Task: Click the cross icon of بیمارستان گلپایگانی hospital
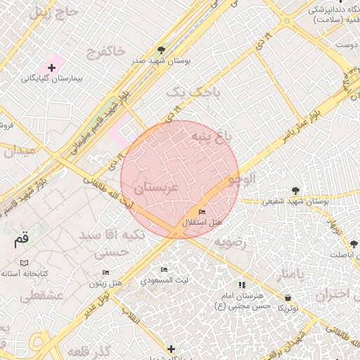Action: point(51,67)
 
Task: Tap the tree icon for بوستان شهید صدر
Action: point(162,50)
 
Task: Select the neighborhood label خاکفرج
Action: point(105,51)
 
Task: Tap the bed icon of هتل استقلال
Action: point(202,212)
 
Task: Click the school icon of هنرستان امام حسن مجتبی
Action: point(242,285)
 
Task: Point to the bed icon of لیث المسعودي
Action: point(164,270)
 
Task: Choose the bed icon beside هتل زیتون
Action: point(105,272)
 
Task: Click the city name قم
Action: point(22,239)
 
